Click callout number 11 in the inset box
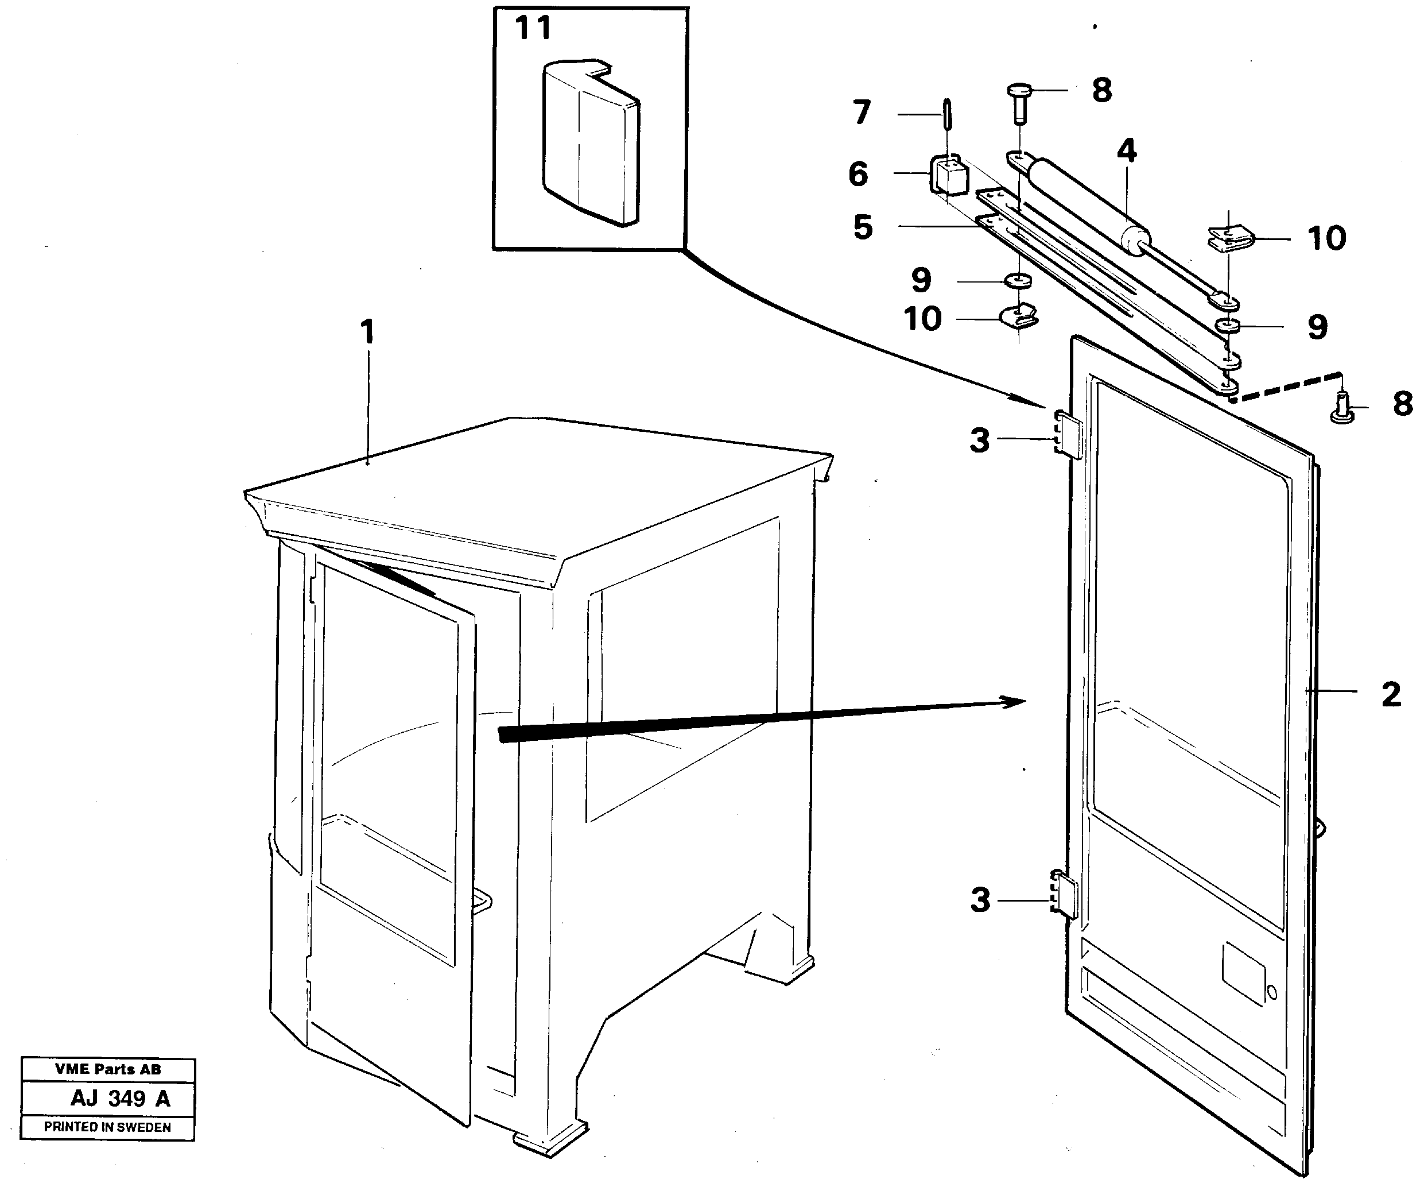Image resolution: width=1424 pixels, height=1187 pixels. click(x=533, y=29)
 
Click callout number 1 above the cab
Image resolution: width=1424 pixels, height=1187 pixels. click(x=367, y=332)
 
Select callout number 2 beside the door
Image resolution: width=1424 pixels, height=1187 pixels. click(x=1391, y=694)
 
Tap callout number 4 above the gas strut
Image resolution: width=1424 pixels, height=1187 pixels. click(x=1126, y=150)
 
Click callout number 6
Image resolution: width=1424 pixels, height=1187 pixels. click(x=858, y=175)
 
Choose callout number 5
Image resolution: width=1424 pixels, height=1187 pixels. click(x=863, y=227)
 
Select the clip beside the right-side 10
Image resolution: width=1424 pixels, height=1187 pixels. click(x=1229, y=239)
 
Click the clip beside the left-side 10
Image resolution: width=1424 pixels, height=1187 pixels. click(x=1019, y=316)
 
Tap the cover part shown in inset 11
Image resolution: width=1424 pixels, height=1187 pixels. click(x=590, y=142)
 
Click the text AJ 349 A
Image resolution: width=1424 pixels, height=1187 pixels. click(x=120, y=1098)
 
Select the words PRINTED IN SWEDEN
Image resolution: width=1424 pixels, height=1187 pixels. click(x=107, y=1127)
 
